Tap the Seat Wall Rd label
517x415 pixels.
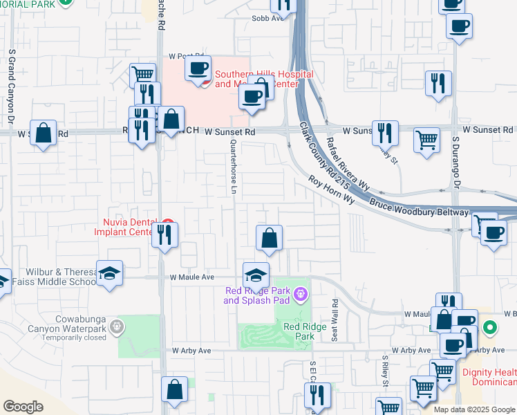pyautogui.click(x=335, y=320)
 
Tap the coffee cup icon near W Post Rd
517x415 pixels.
pyautogui.click(x=198, y=68)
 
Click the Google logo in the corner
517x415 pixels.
pyautogui.click(x=23, y=407)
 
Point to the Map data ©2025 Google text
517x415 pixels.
pyautogui.click(x=473, y=409)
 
